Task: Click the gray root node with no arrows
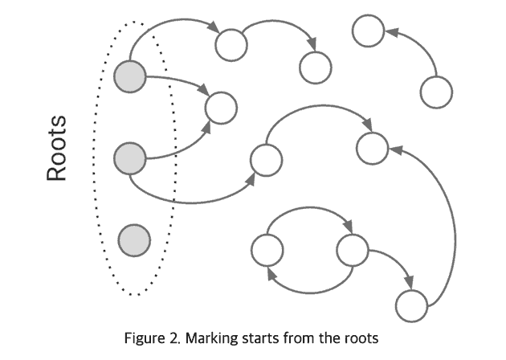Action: pos(134,239)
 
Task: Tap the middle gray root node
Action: pos(130,156)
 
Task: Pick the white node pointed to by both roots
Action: pos(221,107)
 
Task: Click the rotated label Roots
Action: pos(57,148)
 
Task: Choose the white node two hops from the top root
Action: pos(315,67)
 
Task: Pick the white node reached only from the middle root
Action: pos(266,160)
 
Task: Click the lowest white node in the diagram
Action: pos(411,305)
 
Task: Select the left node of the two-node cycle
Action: pos(267,250)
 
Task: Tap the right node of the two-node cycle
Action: pos(352,250)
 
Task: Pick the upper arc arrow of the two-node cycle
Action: pos(309,211)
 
